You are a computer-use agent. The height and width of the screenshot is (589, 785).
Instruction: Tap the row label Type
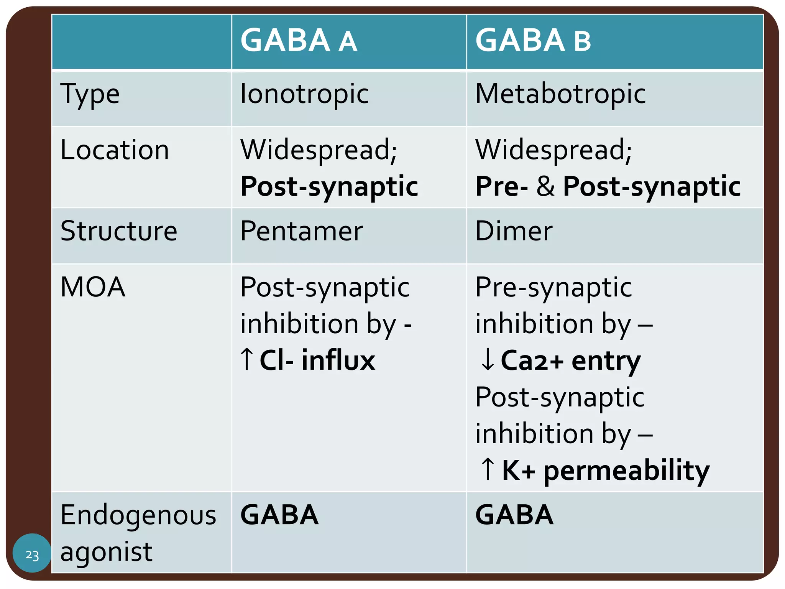coord(90,94)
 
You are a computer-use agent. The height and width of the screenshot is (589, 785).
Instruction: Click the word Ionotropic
coord(304,94)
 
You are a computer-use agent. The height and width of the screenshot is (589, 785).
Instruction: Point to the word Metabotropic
coord(560,94)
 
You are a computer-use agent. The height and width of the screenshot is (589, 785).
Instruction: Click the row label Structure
coord(119,231)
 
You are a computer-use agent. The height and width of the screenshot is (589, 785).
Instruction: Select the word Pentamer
coord(302,231)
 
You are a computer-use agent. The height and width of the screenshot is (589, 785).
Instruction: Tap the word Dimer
coord(514,231)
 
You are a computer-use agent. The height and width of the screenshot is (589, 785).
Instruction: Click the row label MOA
coord(93,287)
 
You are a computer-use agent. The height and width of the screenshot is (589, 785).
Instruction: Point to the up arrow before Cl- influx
coord(247,359)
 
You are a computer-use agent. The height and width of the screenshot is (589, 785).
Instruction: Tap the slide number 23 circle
coord(32,554)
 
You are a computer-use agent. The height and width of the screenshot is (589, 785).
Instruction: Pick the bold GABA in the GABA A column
coord(279,515)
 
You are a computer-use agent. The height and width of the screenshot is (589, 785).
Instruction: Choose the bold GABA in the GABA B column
coord(514,515)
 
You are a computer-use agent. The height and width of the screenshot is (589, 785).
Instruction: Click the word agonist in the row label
coord(107,552)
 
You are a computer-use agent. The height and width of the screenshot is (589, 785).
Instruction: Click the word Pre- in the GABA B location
coord(501,187)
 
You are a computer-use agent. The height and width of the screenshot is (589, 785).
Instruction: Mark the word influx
coord(338,360)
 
